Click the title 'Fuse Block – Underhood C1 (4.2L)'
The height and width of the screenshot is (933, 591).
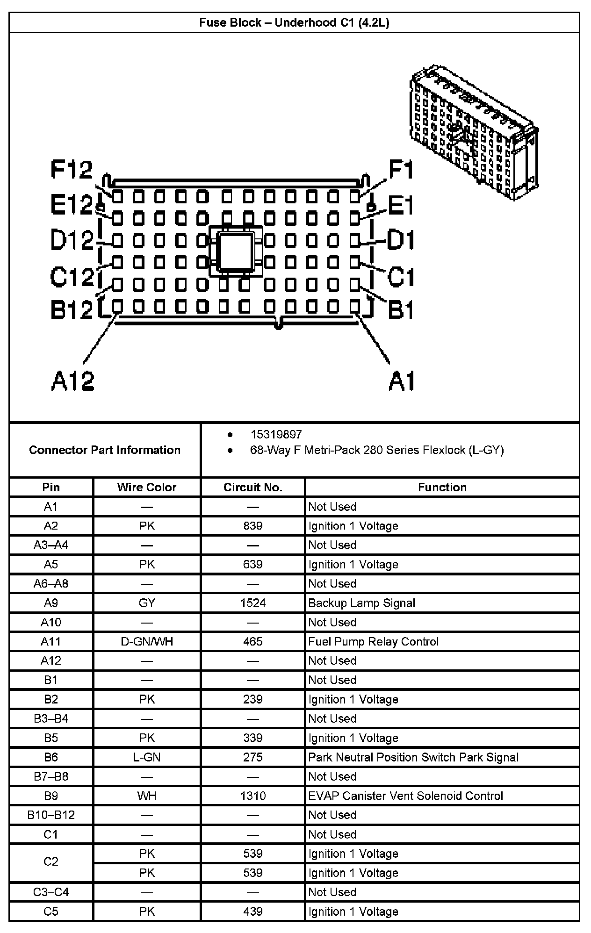(294, 22)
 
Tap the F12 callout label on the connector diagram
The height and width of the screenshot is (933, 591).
(72, 170)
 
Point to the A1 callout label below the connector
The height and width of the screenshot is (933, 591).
(402, 381)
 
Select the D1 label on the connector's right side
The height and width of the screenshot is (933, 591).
(401, 241)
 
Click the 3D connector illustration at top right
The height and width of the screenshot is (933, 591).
(472, 133)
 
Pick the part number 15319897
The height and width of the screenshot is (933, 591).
(276, 434)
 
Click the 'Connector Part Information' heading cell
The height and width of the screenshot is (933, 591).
(105, 450)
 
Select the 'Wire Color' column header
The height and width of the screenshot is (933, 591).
(147, 487)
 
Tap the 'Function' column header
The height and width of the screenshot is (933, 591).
(442, 487)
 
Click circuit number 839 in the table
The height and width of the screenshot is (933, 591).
(253, 526)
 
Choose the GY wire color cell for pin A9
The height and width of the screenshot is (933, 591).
(147, 603)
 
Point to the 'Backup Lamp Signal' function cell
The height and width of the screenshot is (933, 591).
(361, 603)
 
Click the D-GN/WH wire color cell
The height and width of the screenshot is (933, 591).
(147, 641)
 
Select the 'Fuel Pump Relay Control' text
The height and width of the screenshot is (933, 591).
(373, 641)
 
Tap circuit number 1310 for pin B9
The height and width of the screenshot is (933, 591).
(253, 796)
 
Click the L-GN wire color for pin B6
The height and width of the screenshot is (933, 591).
(147, 757)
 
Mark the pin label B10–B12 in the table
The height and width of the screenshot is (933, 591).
(51, 815)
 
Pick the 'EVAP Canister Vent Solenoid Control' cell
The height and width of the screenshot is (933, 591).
(405, 796)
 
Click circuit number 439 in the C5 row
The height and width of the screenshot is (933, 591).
(253, 911)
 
